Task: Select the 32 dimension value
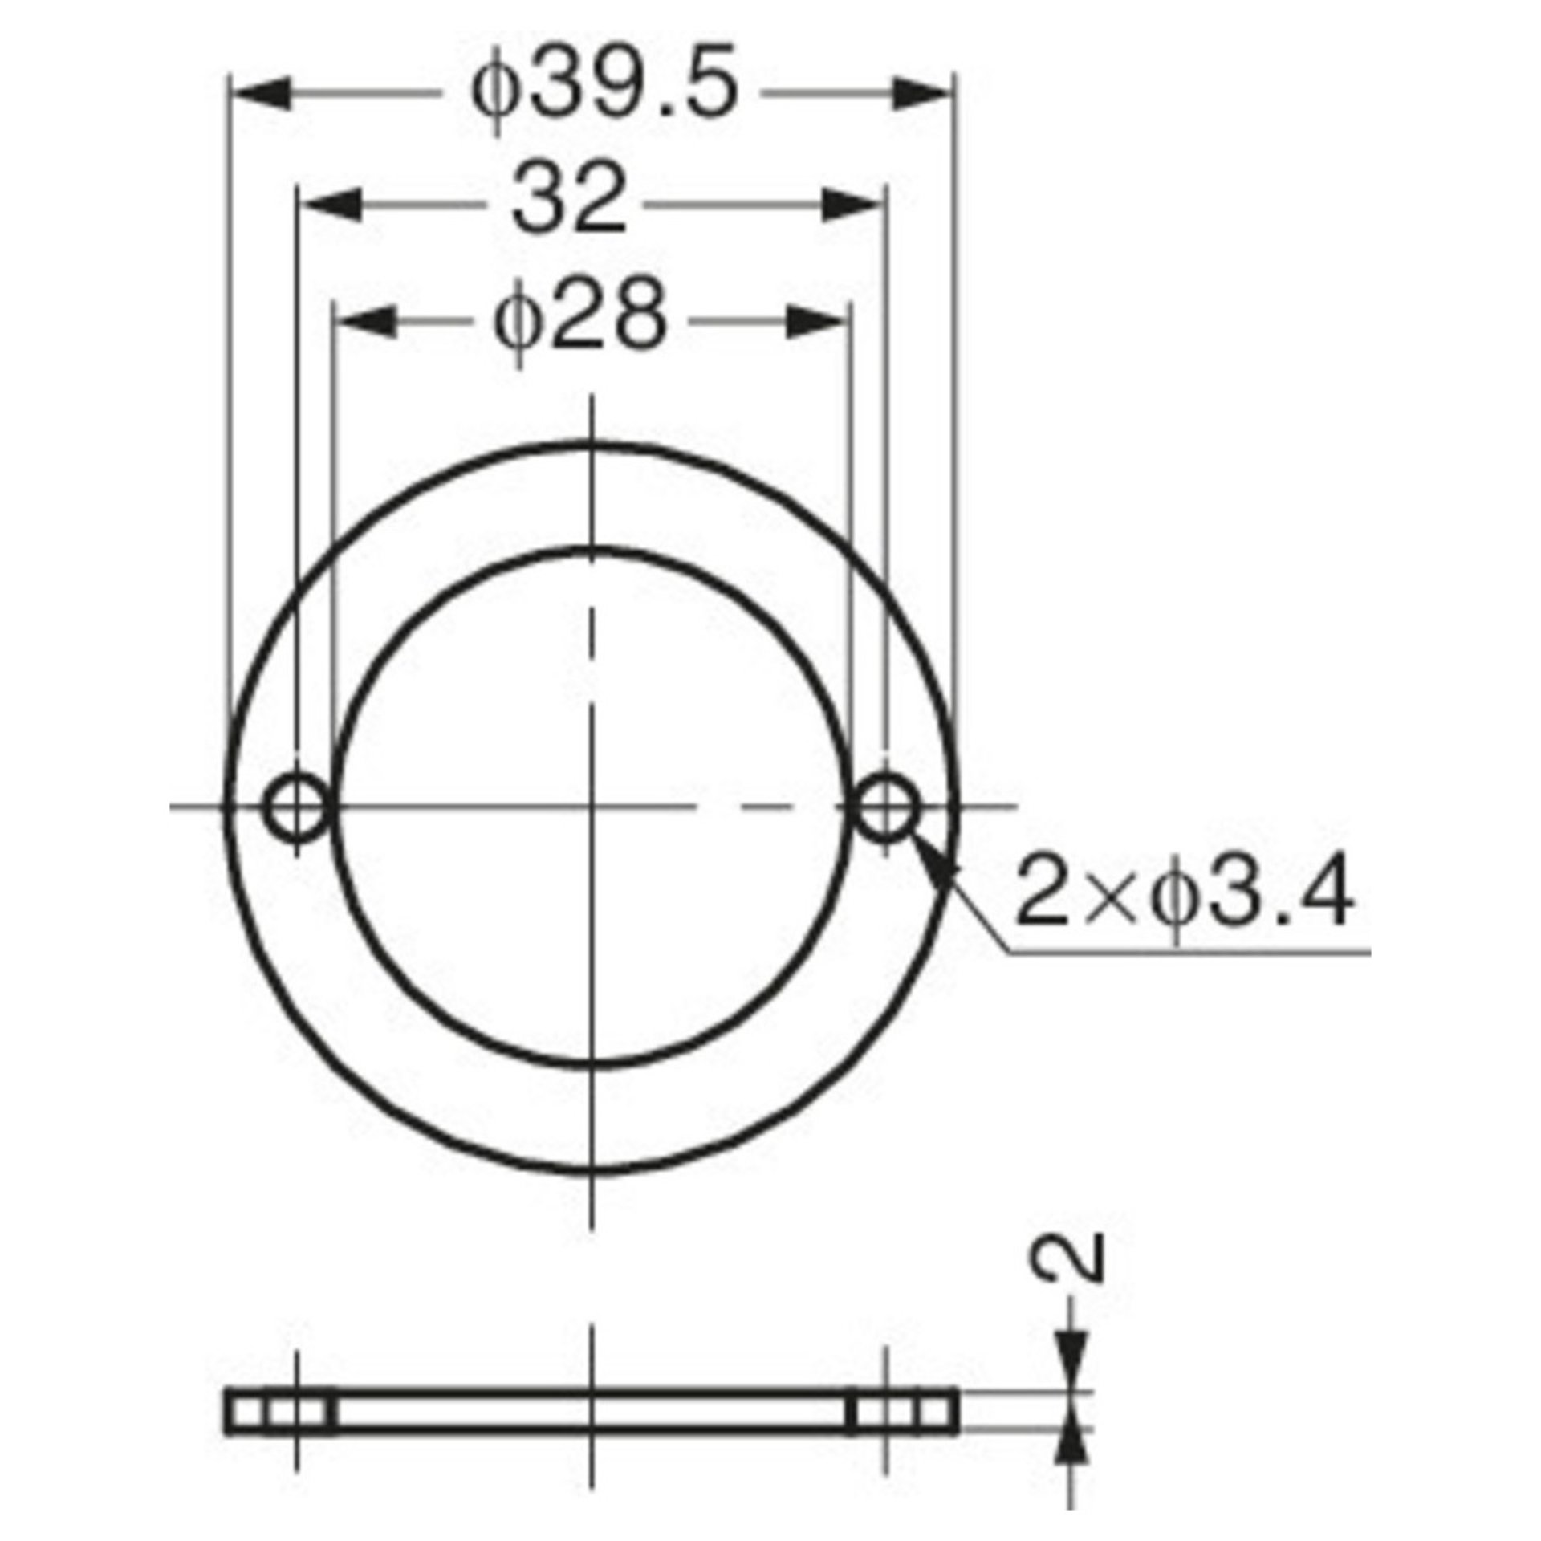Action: click(x=568, y=204)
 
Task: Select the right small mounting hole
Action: click(x=885, y=807)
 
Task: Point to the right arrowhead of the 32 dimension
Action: click(x=856, y=205)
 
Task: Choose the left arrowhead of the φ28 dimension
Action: click(x=364, y=321)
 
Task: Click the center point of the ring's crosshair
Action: click(x=592, y=807)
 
